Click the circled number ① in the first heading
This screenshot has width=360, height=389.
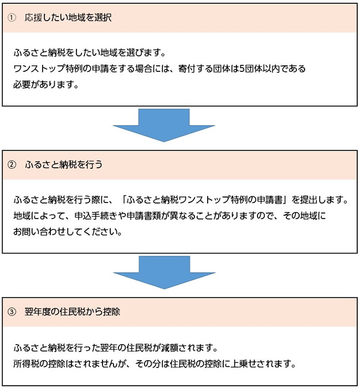[x=12, y=18]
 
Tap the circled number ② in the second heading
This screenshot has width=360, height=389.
[x=12, y=164]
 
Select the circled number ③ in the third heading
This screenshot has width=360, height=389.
[x=12, y=312]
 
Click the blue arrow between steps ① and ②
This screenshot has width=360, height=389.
[x=164, y=125]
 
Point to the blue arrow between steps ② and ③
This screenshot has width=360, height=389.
[x=164, y=272]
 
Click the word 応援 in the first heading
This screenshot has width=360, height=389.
[x=33, y=18]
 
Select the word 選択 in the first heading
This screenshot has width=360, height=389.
[x=103, y=18]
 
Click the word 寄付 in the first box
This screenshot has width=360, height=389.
[x=187, y=69]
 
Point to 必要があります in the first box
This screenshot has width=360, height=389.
[x=46, y=85]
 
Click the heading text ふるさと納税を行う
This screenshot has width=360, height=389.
[x=64, y=164]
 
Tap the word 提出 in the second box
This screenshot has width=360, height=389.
[x=309, y=199]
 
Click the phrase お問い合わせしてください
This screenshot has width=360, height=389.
[x=68, y=232]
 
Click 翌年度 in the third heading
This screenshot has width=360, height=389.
[x=38, y=312]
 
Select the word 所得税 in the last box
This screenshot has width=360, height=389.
[x=27, y=364]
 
